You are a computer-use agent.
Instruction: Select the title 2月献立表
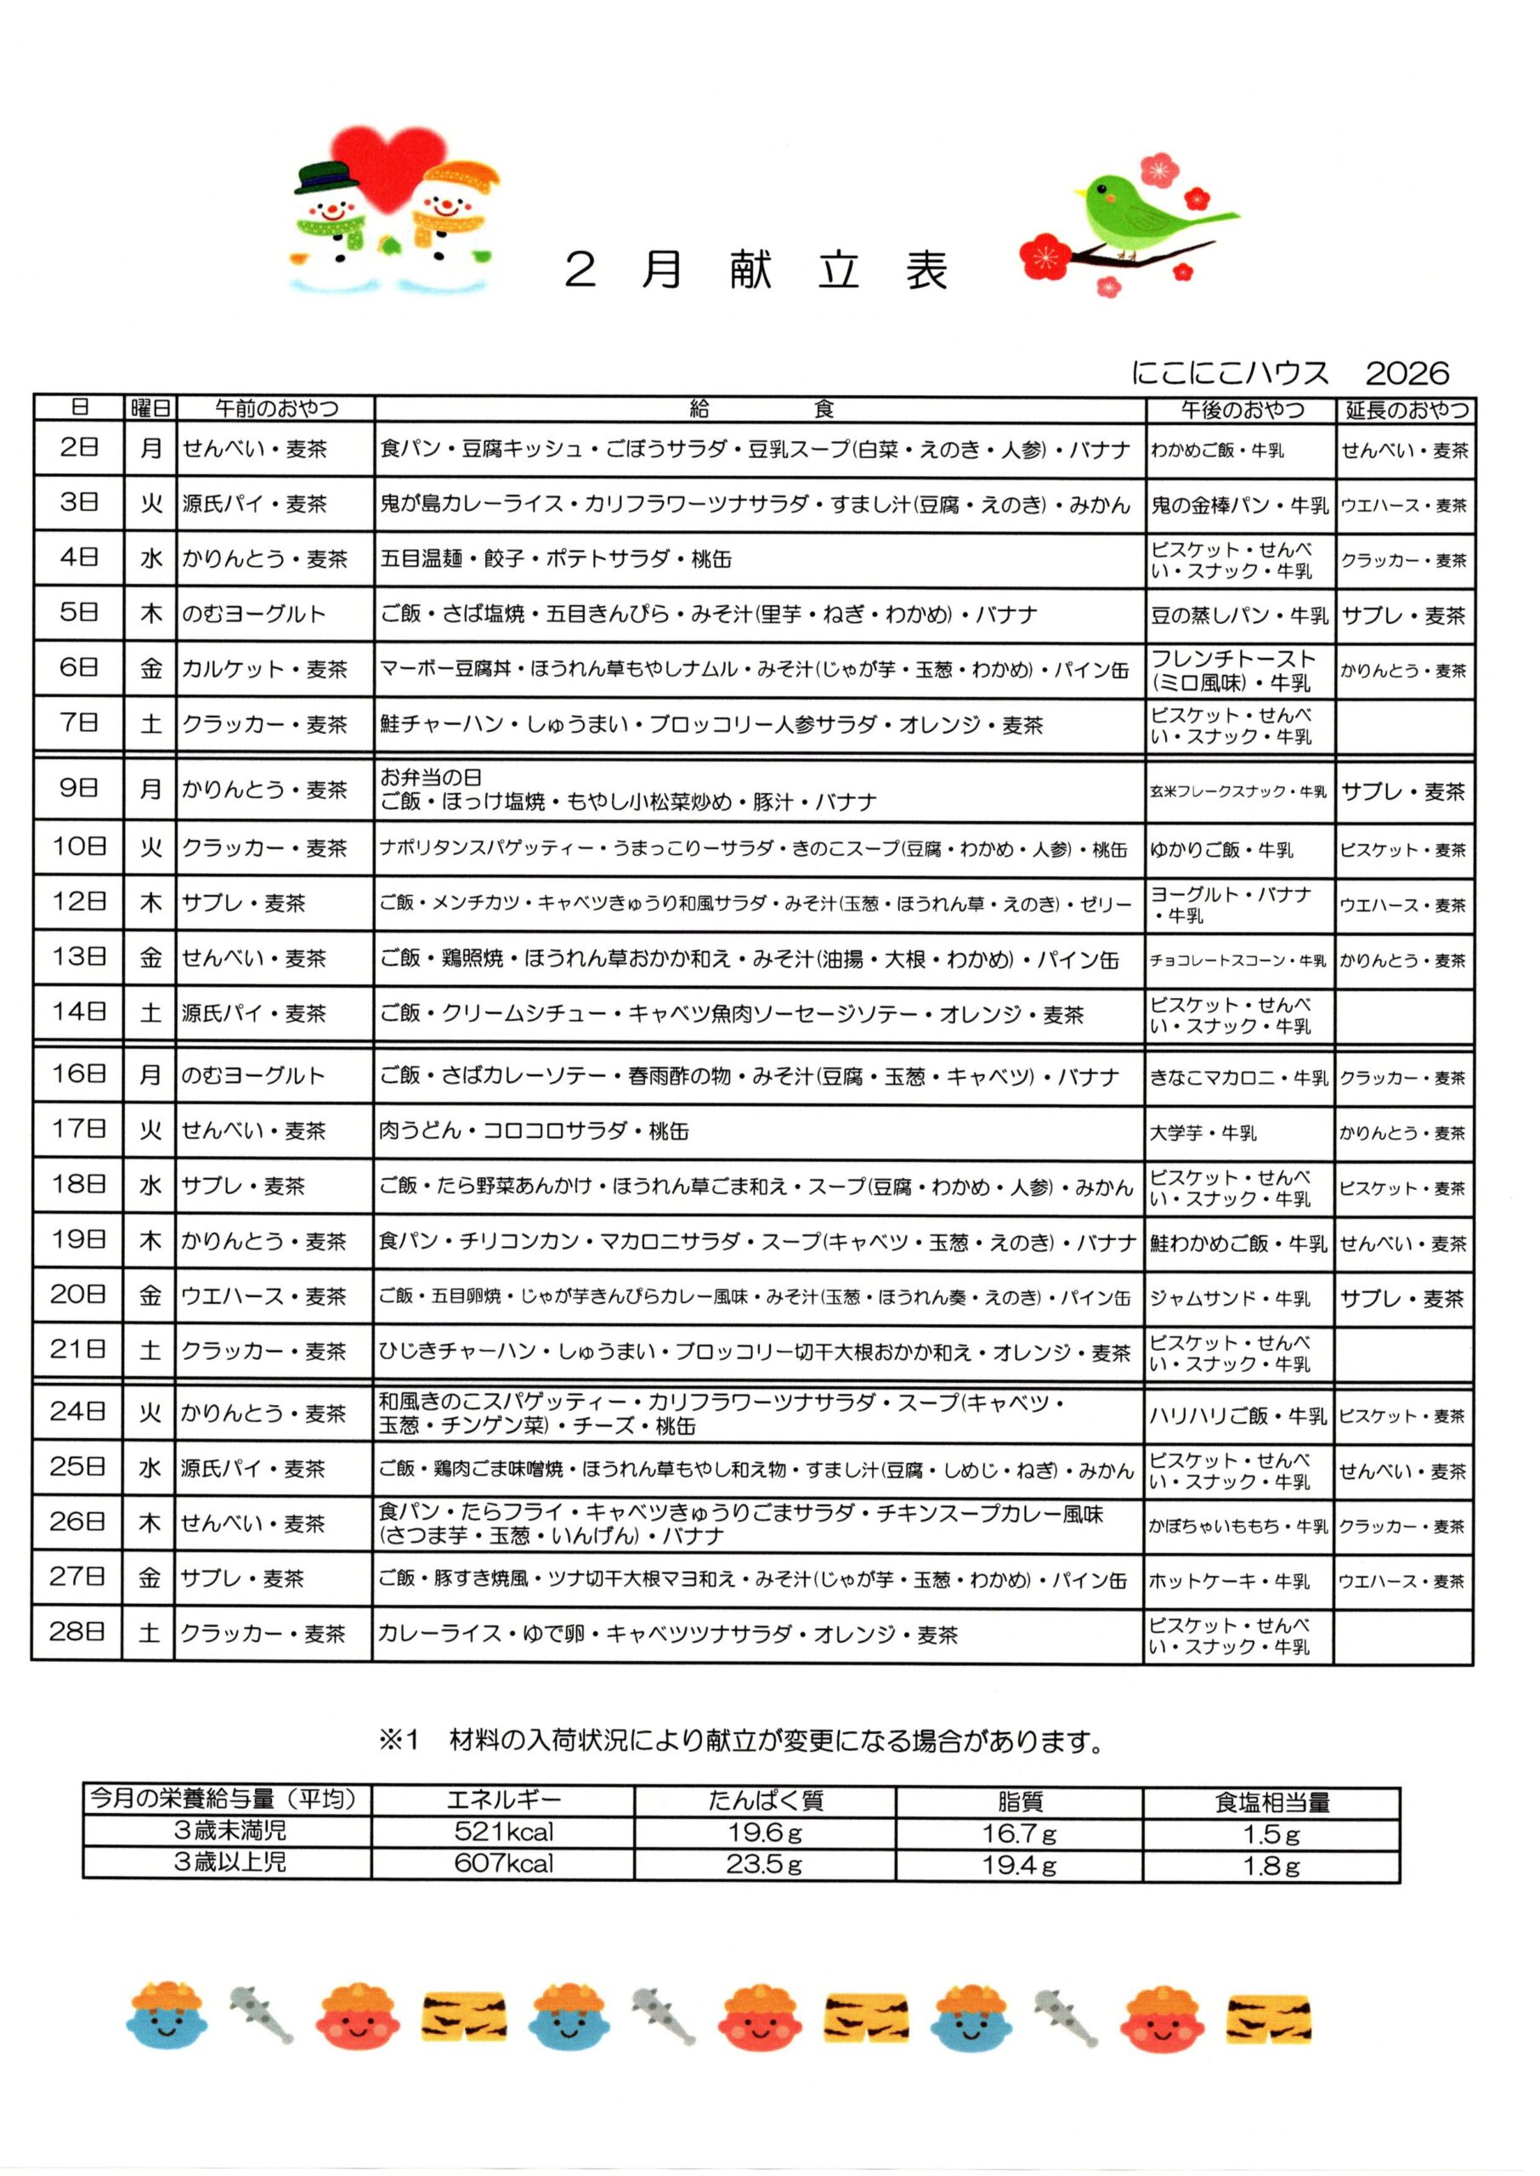click(756, 270)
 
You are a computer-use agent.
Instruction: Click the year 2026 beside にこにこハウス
click(1407, 372)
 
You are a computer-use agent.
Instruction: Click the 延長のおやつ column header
click(1407, 410)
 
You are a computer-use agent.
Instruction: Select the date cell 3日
click(79, 502)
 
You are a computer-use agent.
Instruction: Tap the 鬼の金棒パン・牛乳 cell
click(1238, 506)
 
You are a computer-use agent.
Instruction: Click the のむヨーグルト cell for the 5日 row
click(254, 615)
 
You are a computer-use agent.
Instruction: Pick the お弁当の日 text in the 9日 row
click(432, 778)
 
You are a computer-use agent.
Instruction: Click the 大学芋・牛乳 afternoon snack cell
click(1203, 1133)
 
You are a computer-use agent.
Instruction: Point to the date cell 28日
click(76, 1632)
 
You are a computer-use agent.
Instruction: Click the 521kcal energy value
click(503, 1831)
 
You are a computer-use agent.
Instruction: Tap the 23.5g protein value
click(764, 1864)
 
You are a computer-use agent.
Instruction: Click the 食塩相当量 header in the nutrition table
click(1271, 1801)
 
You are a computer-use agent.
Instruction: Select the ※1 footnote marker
click(399, 1741)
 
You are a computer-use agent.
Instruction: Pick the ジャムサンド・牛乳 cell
click(1230, 1299)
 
